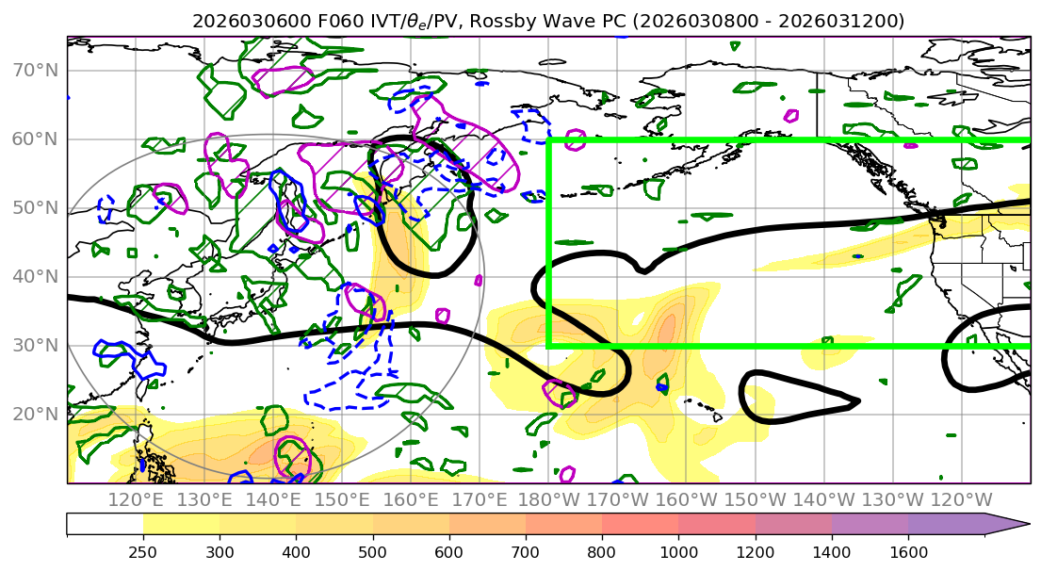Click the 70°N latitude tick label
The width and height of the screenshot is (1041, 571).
tap(34, 71)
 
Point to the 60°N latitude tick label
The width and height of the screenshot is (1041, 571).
tap(34, 139)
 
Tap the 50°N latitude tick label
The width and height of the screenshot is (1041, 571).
tap(34, 208)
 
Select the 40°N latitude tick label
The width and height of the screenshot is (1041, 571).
tap(34, 277)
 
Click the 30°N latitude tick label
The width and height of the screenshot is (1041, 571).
tap(34, 346)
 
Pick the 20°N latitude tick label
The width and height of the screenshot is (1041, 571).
tap(34, 415)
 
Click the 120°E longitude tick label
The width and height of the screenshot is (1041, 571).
tap(138, 499)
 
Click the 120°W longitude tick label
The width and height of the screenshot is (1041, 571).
tap(961, 499)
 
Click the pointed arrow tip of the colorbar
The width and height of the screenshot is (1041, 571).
tap(1029, 524)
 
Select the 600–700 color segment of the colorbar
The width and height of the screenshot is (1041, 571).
tap(487, 524)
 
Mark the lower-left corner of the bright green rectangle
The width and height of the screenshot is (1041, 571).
tap(548, 346)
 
